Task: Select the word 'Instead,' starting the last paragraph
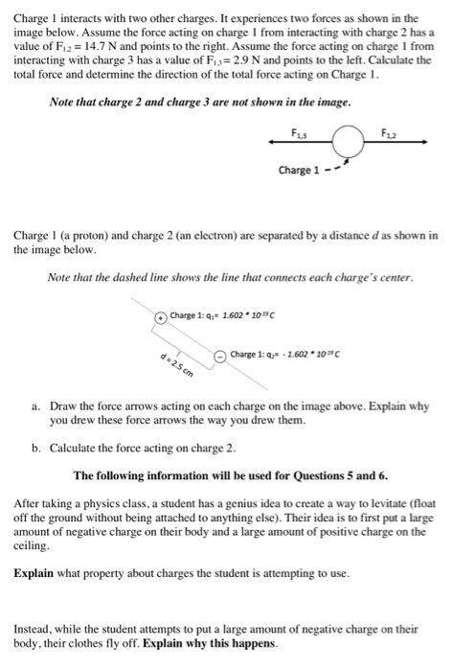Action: point(34,630)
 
